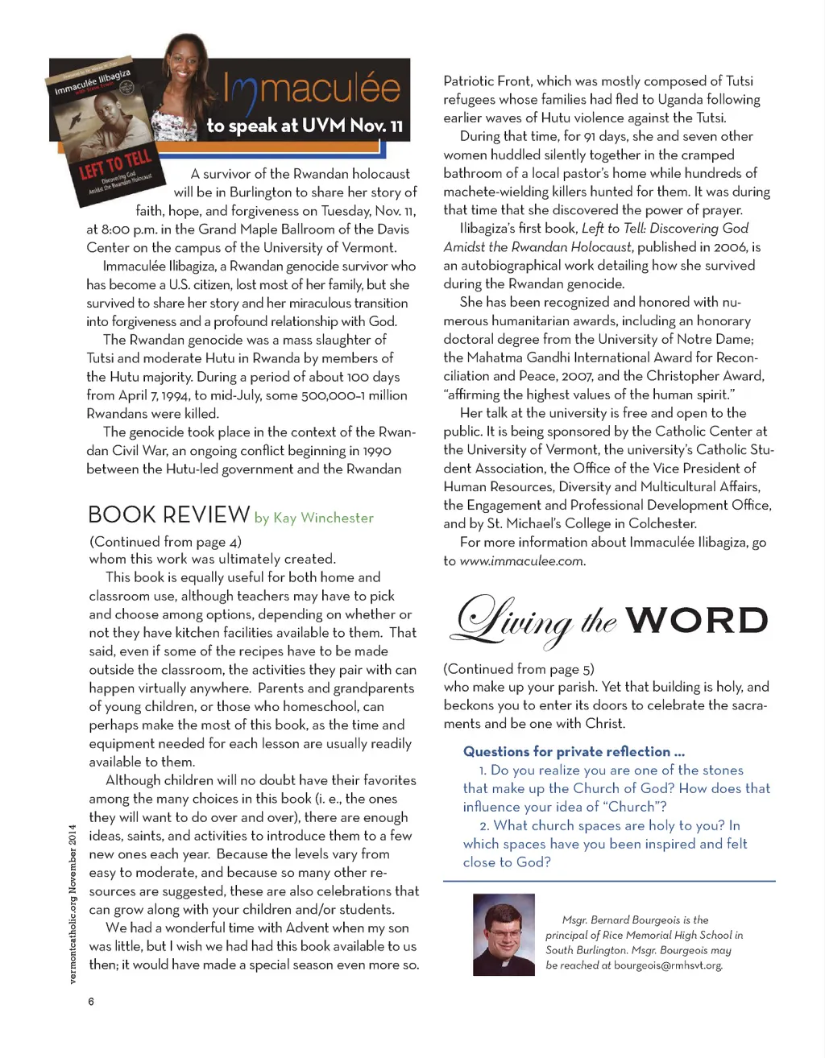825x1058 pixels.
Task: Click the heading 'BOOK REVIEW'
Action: click(x=168, y=515)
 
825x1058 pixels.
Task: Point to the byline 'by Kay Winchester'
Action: click(x=314, y=518)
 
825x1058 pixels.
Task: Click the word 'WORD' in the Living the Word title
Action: click(x=696, y=620)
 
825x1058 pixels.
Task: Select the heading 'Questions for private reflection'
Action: click(x=574, y=751)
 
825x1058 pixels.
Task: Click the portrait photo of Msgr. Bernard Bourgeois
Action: click(x=504, y=935)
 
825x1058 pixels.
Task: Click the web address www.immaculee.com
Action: click(x=521, y=561)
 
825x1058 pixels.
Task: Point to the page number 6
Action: click(x=91, y=1001)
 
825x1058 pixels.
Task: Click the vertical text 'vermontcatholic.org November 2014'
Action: click(x=73, y=903)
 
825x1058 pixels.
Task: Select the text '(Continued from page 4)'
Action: click(x=165, y=541)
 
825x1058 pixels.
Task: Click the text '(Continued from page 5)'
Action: click(x=519, y=668)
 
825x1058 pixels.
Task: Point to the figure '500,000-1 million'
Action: click(x=354, y=395)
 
